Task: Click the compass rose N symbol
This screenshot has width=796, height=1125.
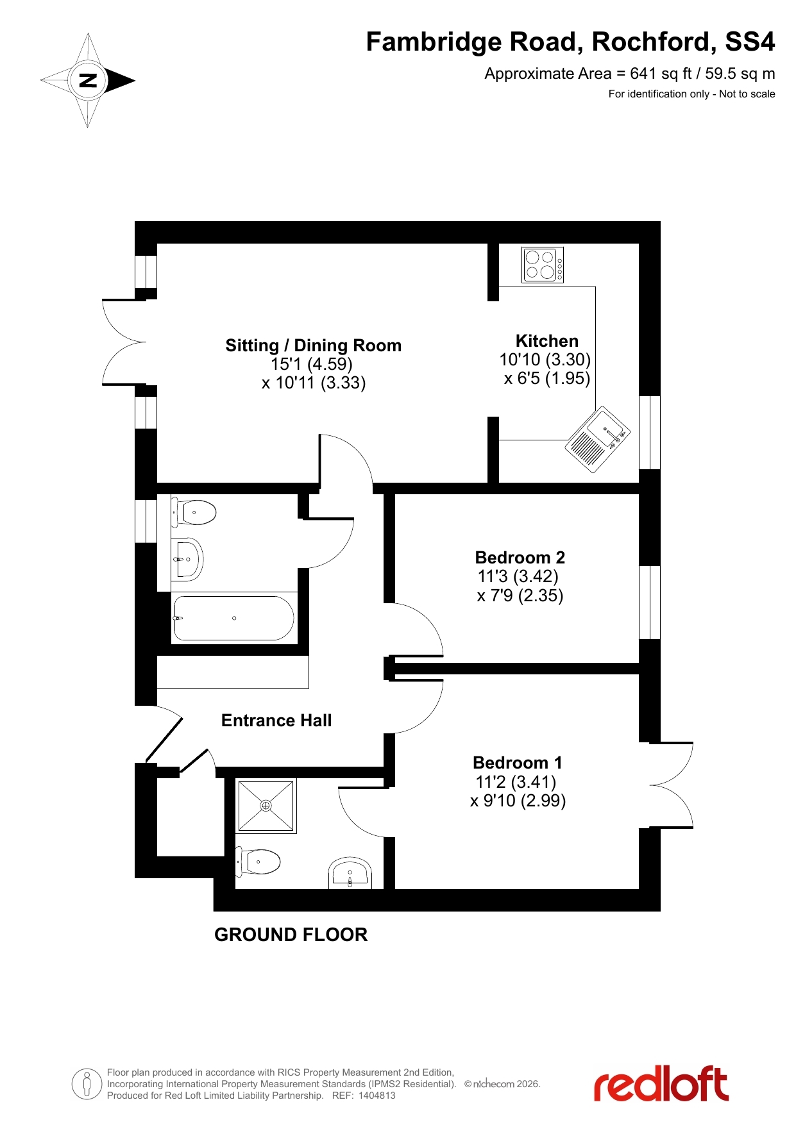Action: click(88, 81)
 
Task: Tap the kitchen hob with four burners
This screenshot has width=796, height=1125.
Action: click(542, 265)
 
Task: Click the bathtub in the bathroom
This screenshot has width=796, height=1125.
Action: click(234, 618)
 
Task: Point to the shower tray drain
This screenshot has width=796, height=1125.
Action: click(266, 806)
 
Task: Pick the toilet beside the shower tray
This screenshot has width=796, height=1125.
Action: click(258, 862)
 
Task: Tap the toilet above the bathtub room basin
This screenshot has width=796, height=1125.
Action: click(194, 512)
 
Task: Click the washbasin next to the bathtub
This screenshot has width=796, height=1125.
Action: click(187, 559)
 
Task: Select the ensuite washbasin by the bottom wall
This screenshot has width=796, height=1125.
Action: click(350, 873)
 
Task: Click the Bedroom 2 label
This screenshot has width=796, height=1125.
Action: click(520, 558)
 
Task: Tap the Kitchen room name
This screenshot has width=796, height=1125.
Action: click(547, 341)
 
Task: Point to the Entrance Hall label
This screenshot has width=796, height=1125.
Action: click(276, 721)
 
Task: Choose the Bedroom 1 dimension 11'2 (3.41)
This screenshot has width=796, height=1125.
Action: click(516, 782)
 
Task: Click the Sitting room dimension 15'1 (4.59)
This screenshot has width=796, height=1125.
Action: click(312, 364)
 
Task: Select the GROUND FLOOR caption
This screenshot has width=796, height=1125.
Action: click(291, 935)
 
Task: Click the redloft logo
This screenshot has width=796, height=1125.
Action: click(661, 1083)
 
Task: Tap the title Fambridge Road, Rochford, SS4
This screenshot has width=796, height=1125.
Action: click(570, 42)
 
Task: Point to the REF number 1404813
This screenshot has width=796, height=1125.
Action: click(377, 1096)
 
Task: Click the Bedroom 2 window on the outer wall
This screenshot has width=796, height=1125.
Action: click(650, 603)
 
